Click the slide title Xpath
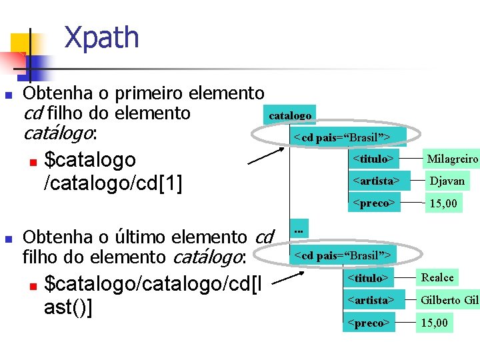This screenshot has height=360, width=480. pyautogui.click(x=101, y=38)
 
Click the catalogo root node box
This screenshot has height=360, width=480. pyautogui.click(x=290, y=115)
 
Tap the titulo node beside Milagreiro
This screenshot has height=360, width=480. pyautogui.click(x=371, y=159)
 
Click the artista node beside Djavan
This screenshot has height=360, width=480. pyautogui.click(x=375, y=181)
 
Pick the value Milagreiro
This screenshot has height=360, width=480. pyautogui.click(x=453, y=159)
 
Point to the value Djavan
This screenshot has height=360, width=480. pyautogui.click(x=447, y=181)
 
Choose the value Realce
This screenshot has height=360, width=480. pyautogui.click(x=437, y=277)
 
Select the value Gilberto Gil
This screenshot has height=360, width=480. pyautogui.click(x=449, y=301)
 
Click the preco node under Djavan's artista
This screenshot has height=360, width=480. pyautogui.click(x=373, y=203)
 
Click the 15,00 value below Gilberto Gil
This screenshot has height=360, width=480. pyautogui.click(x=434, y=323)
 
